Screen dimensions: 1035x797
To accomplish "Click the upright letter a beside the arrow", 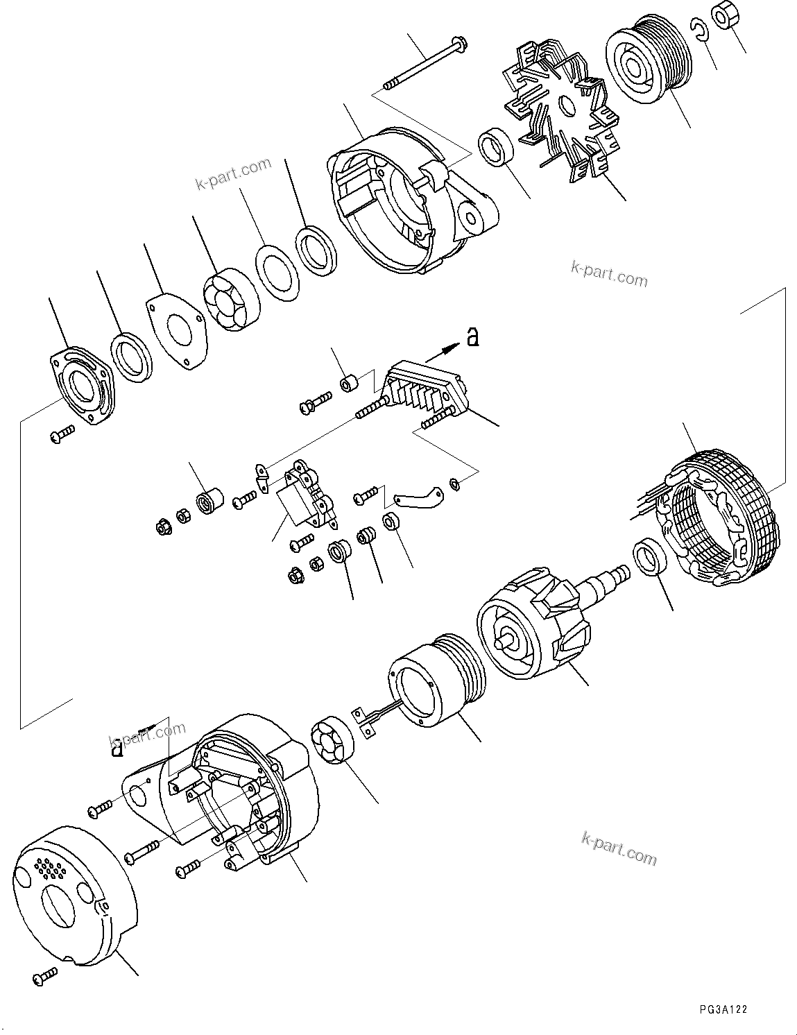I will tap(472, 338).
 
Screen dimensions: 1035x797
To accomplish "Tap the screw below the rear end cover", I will tap(46, 978).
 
